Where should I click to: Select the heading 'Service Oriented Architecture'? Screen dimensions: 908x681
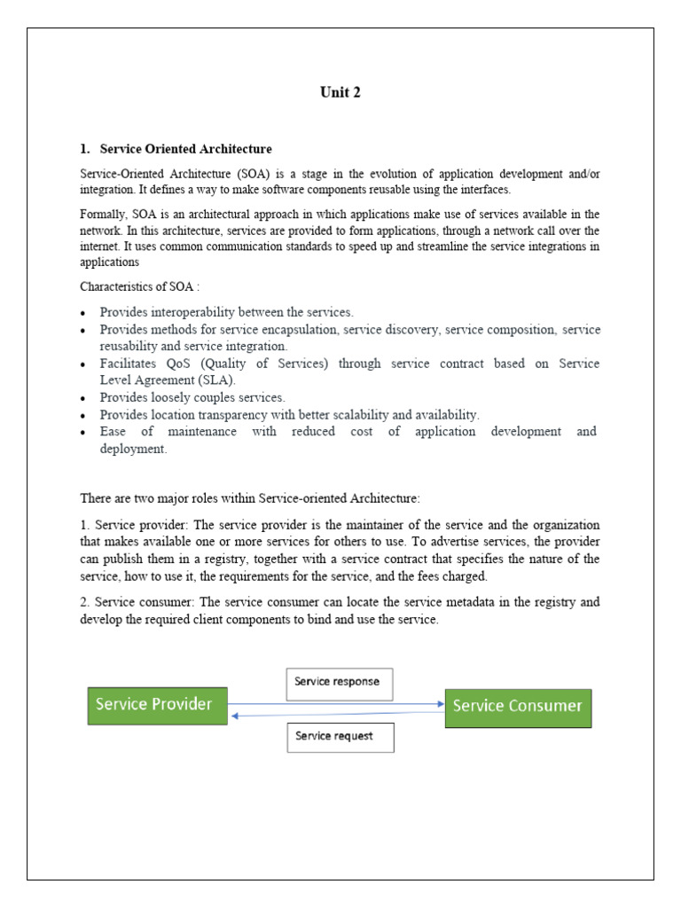(x=185, y=149)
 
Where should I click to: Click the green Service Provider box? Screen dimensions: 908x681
(x=156, y=705)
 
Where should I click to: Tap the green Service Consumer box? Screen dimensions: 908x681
(x=517, y=707)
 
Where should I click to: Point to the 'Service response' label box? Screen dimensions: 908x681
(x=339, y=682)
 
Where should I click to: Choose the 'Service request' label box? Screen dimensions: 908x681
(x=339, y=736)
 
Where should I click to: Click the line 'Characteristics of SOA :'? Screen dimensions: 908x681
(x=139, y=286)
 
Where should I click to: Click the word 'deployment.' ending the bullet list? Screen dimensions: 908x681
(x=133, y=449)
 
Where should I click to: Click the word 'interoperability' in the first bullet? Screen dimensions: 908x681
(x=191, y=312)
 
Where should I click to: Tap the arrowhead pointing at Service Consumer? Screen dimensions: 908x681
(x=440, y=704)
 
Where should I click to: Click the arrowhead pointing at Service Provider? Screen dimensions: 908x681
(x=232, y=714)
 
